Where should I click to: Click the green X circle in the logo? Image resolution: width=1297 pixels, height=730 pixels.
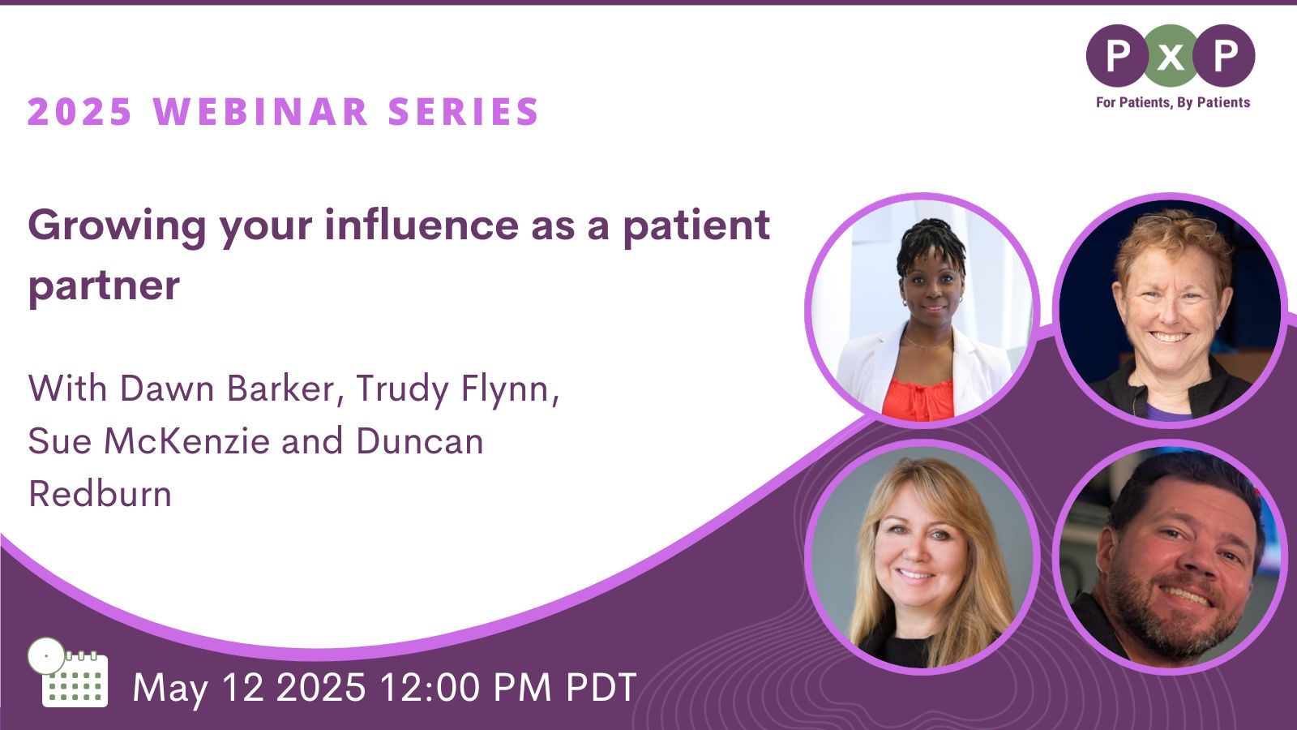pos(1171,56)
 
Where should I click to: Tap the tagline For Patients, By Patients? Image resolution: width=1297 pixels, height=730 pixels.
pos(1173,102)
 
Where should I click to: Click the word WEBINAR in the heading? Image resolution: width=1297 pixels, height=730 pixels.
pos(261,111)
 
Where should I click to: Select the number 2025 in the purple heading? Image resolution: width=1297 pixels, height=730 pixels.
pos(80,111)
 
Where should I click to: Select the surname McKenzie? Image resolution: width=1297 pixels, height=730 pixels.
pos(187,441)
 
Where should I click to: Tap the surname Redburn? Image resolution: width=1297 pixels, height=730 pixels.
pos(101,494)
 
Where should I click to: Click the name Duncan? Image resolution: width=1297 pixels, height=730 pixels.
pos(420,441)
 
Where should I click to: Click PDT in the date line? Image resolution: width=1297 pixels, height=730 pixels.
pos(601,688)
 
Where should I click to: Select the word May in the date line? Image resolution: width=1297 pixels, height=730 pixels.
pos(170,689)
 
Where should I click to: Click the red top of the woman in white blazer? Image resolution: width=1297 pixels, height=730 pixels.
pos(918,398)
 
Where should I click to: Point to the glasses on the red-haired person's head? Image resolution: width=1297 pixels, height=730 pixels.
pos(1175,222)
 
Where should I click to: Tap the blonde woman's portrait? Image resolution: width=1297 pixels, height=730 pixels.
pos(922,556)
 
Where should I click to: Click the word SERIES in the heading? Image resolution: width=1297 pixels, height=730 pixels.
pos(463,111)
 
